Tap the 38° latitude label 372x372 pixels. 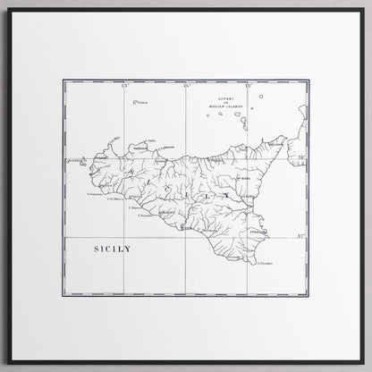[301, 157]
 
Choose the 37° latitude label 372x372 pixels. [301, 234]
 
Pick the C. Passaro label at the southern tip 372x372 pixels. [265, 263]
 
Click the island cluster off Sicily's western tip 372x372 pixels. [84, 164]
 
